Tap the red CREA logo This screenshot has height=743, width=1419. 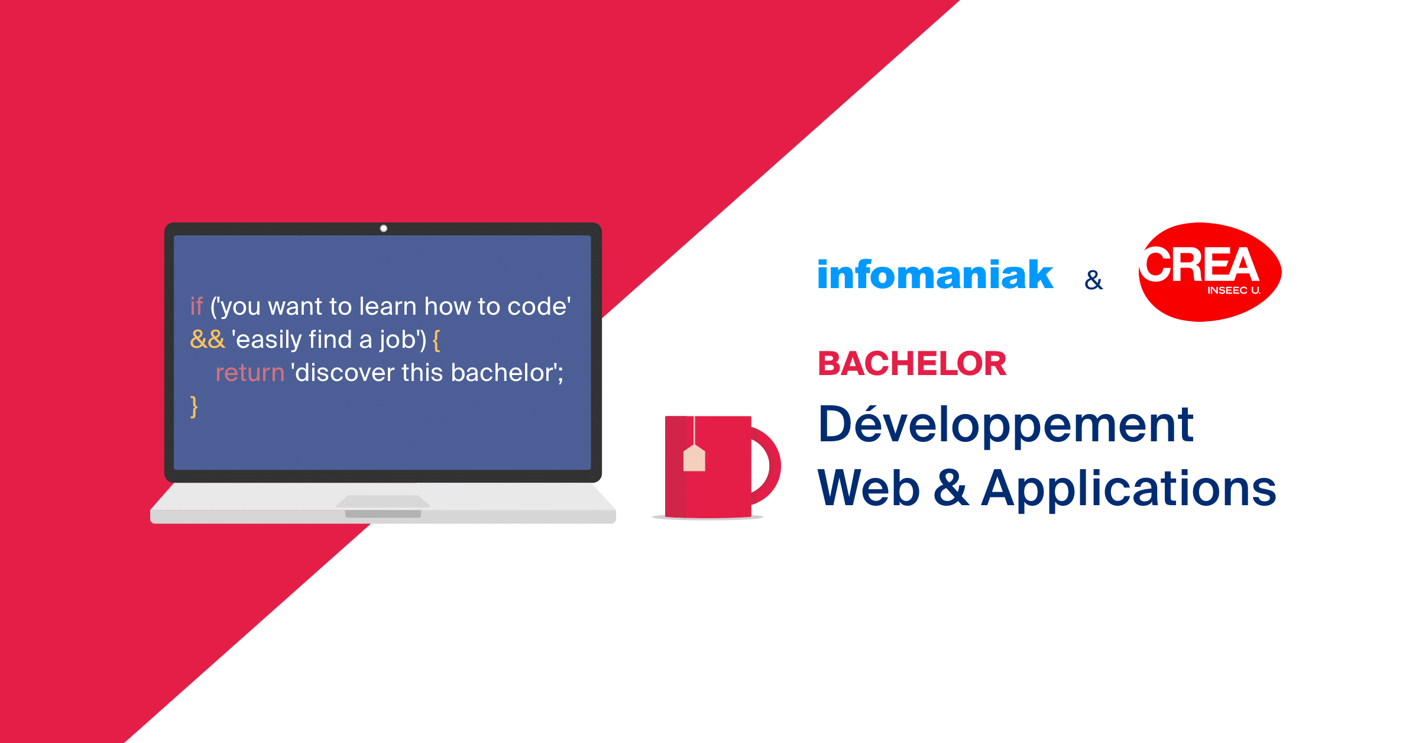coord(1210,272)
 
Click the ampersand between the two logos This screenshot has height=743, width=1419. coord(1094,280)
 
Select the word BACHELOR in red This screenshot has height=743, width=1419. coord(912,363)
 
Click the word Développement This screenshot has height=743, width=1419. coord(1006,424)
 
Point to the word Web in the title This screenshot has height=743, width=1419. coord(869,488)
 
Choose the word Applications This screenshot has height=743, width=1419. coord(1129,488)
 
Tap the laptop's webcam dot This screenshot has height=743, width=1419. coord(384,228)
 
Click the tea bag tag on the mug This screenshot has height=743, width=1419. coord(694,458)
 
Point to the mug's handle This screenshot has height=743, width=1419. coord(767,466)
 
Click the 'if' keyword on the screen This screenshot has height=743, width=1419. coord(196,306)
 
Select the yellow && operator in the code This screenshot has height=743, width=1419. coord(208,340)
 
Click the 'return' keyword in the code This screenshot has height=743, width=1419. coord(250,373)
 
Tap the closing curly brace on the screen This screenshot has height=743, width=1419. coord(194,407)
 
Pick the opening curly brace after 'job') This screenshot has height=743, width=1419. coord(436,341)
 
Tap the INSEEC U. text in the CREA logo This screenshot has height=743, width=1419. coord(1234,290)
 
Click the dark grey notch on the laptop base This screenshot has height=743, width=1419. coord(383,514)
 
